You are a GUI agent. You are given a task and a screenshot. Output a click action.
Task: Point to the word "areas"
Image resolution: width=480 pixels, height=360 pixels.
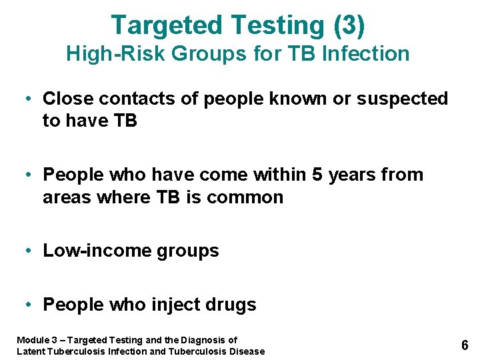coord(65,197)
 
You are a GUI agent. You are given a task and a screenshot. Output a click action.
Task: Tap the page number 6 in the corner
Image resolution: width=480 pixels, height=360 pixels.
coord(465,345)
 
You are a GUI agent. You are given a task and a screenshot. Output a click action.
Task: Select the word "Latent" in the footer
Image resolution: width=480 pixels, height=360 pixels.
coord(30,351)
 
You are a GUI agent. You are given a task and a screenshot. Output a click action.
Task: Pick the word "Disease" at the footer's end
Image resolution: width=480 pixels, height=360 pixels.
coord(247,351)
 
